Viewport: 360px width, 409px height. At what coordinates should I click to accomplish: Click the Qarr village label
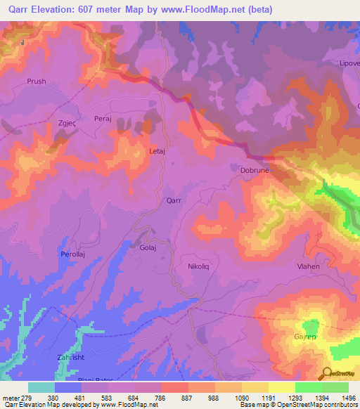[174, 200]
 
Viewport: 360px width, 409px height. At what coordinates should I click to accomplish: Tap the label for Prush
[37, 82]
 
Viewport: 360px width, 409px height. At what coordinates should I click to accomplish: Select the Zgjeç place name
[67, 123]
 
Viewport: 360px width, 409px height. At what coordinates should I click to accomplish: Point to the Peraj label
[103, 119]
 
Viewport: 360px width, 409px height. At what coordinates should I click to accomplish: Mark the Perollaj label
[73, 254]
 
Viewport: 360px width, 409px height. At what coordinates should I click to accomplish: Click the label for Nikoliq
[199, 267]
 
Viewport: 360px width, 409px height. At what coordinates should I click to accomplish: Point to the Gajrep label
[304, 338]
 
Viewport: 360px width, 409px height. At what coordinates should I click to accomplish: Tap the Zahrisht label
[70, 358]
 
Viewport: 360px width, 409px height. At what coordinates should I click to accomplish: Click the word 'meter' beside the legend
[9, 398]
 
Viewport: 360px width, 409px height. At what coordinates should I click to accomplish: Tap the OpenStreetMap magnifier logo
[326, 373]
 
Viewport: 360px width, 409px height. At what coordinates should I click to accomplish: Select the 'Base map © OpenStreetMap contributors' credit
[297, 405]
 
